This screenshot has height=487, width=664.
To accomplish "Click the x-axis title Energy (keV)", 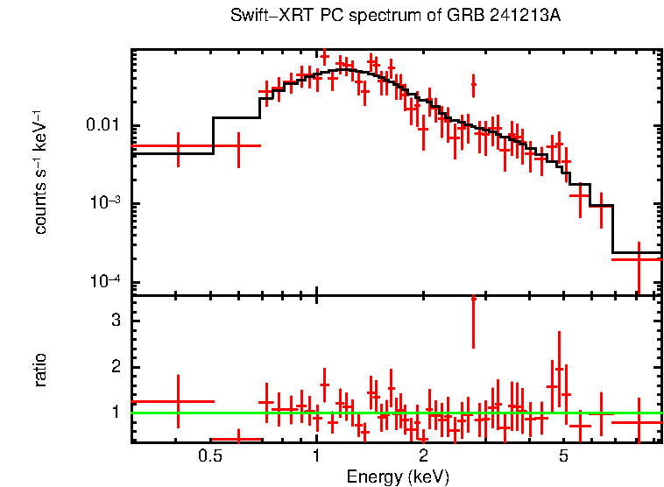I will pos(398,476).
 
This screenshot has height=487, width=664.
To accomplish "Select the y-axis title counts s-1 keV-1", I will pos(40,172).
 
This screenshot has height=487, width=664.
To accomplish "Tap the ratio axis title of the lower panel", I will pos(40,370).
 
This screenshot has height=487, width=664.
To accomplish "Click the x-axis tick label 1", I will pos(316,456).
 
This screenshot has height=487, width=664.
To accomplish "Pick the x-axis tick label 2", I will pos(423,456).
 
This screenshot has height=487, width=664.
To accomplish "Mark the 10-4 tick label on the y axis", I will pos(106,281).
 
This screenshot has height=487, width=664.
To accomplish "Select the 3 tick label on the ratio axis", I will pos(115,321).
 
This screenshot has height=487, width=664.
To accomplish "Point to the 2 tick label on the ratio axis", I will pos(115,367).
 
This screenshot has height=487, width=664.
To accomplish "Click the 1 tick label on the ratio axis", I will pos(115,412).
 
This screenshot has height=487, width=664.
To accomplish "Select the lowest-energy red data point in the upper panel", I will pos(178,146).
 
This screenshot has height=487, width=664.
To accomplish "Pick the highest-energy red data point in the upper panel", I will pos(639,259).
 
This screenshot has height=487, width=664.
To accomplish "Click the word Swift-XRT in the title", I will pos(262,17).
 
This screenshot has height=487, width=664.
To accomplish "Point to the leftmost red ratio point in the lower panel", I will pos(178,401).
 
